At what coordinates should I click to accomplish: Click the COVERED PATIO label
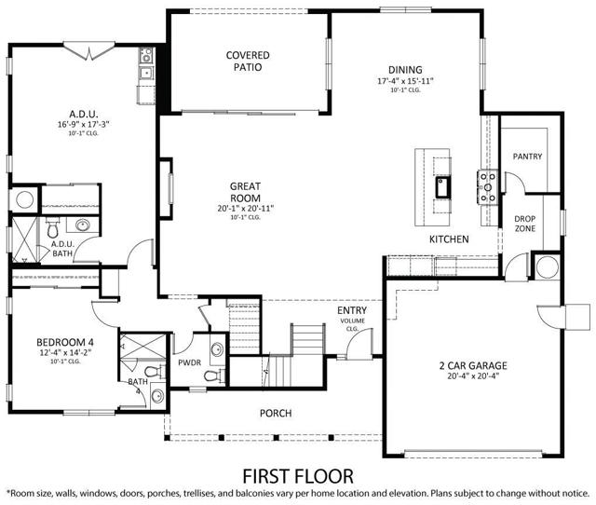(x=247, y=61)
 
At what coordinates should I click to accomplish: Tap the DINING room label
(x=405, y=70)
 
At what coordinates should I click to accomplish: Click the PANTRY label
(x=527, y=157)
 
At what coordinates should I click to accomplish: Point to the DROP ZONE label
(x=525, y=225)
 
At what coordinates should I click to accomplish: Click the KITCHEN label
(x=448, y=239)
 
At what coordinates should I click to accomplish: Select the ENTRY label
(x=352, y=311)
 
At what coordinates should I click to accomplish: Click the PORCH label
(x=276, y=413)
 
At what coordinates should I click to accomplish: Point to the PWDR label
(x=191, y=363)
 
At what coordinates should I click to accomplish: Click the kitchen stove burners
(x=485, y=187)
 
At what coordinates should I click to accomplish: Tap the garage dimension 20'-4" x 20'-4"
(x=472, y=378)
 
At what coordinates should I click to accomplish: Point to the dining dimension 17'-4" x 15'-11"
(x=405, y=81)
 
